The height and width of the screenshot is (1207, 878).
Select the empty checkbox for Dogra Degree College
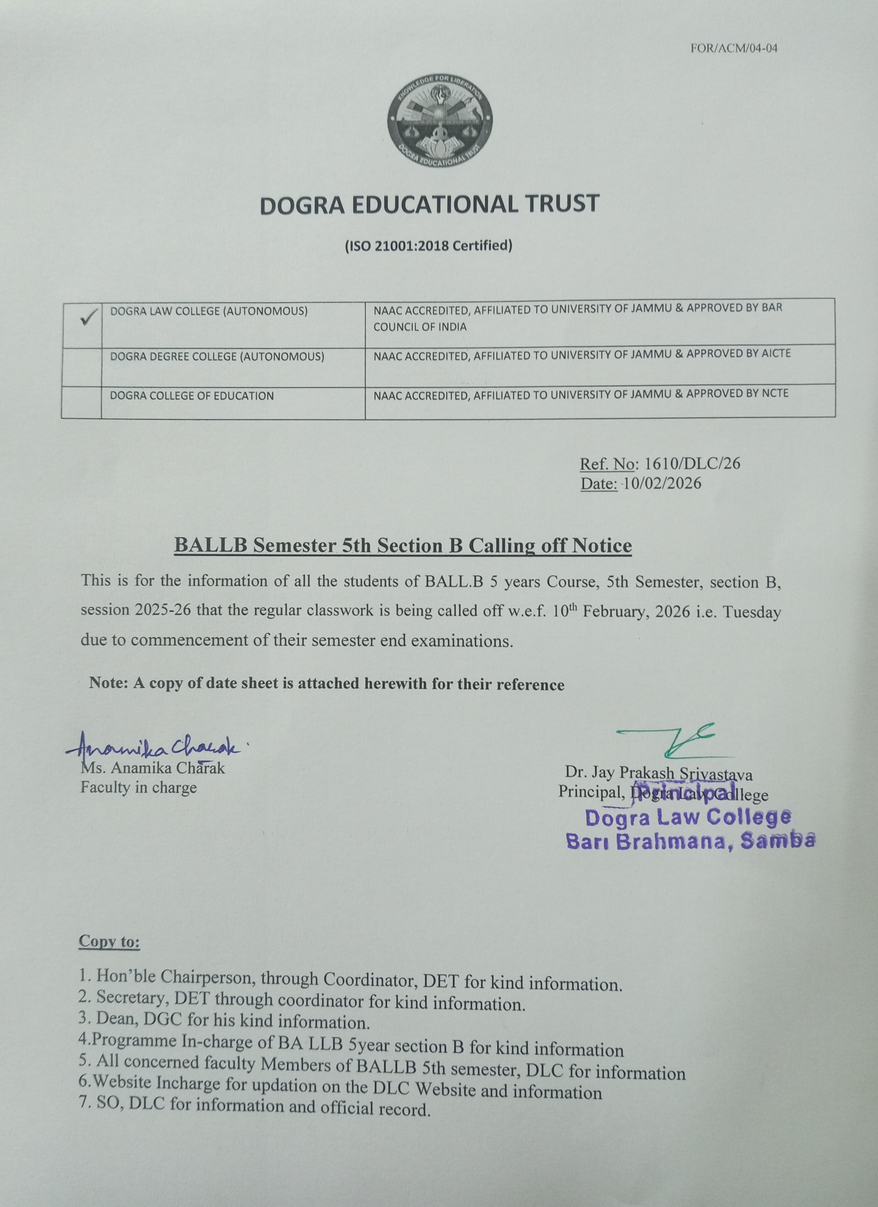(x=81, y=367)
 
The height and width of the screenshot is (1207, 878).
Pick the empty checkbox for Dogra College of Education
(x=81, y=402)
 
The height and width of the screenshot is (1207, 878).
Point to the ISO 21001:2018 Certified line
(x=428, y=246)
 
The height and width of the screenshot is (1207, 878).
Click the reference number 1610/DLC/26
(x=692, y=464)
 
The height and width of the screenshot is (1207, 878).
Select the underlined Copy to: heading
(x=109, y=941)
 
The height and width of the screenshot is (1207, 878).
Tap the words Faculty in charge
(x=138, y=788)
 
